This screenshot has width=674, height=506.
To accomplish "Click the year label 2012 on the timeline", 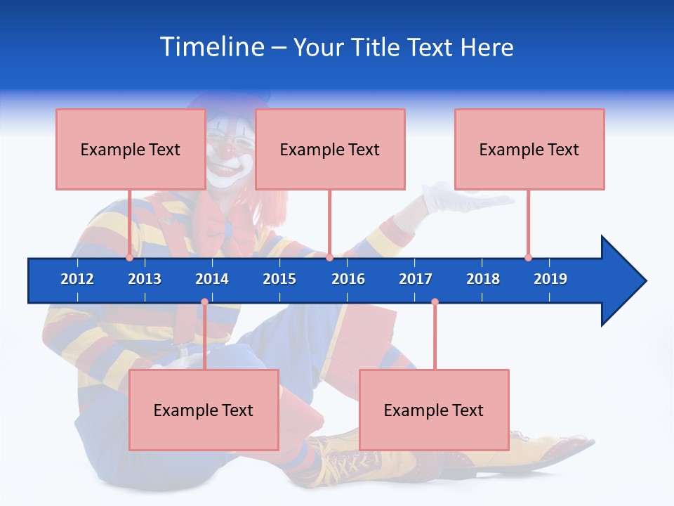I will coord(77,279).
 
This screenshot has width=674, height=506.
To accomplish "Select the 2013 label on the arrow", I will coord(145,279).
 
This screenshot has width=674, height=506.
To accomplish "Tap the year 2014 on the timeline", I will coord(212,279).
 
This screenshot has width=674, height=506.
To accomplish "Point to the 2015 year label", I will coord(279,279).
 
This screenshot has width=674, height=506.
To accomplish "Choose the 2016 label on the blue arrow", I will coord(348,279).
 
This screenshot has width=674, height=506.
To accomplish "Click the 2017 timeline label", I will coord(416,279).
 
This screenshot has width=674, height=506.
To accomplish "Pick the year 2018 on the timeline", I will coord(483,279).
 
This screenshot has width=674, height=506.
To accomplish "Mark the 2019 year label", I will coord(550,279).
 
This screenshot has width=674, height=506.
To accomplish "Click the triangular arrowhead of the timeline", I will coord(621,281).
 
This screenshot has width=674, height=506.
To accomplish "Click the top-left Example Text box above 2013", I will coord(131,149).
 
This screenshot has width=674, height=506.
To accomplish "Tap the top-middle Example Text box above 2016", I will coord(330,149).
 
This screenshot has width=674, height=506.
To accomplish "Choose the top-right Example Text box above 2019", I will coord(529,149).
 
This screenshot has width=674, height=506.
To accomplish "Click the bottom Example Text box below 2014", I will coord(204,410).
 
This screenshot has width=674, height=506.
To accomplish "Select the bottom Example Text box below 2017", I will coord(434,410).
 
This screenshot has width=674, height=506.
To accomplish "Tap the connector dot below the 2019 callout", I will coord(528,257).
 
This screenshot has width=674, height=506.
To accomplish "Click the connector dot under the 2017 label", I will coord(435,302).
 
